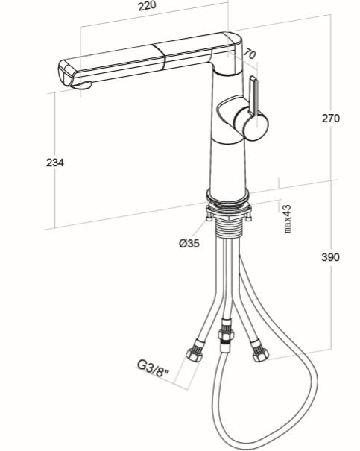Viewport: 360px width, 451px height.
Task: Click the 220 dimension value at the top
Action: tap(148, 6)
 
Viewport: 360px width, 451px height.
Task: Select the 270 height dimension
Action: tap(330, 119)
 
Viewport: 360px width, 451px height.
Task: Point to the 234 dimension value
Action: tap(55, 163)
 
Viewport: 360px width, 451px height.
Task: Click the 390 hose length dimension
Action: tap(330, 257)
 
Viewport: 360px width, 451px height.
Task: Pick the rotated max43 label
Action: tap(288, 218)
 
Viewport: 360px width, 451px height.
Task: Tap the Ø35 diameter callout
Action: tap(189, 243)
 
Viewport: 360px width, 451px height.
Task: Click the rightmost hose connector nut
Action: tap(259, 351)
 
